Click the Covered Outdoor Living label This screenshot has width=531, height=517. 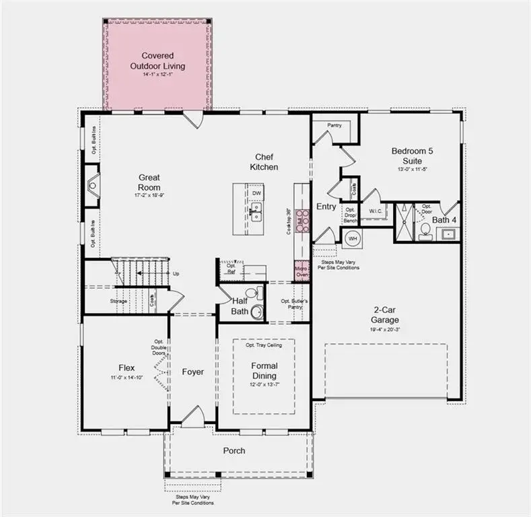pos(157,61)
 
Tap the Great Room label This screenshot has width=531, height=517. pos(149,182)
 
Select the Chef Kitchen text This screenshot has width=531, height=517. pos(264,162)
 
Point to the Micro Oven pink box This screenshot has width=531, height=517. pos(302,271)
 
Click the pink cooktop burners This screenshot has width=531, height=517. pos(302,221)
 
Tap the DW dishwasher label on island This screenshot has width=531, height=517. pos(256,193)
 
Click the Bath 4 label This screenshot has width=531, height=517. pos(445,219)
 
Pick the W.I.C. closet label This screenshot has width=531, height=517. pos(375,211)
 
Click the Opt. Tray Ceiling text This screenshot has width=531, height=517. pos(264,345)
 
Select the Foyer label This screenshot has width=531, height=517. pos(192,372)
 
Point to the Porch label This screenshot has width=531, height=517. pos(234,450)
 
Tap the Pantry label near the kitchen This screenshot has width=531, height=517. pos(334,125)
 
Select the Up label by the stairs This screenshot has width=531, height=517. pos(176,274)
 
